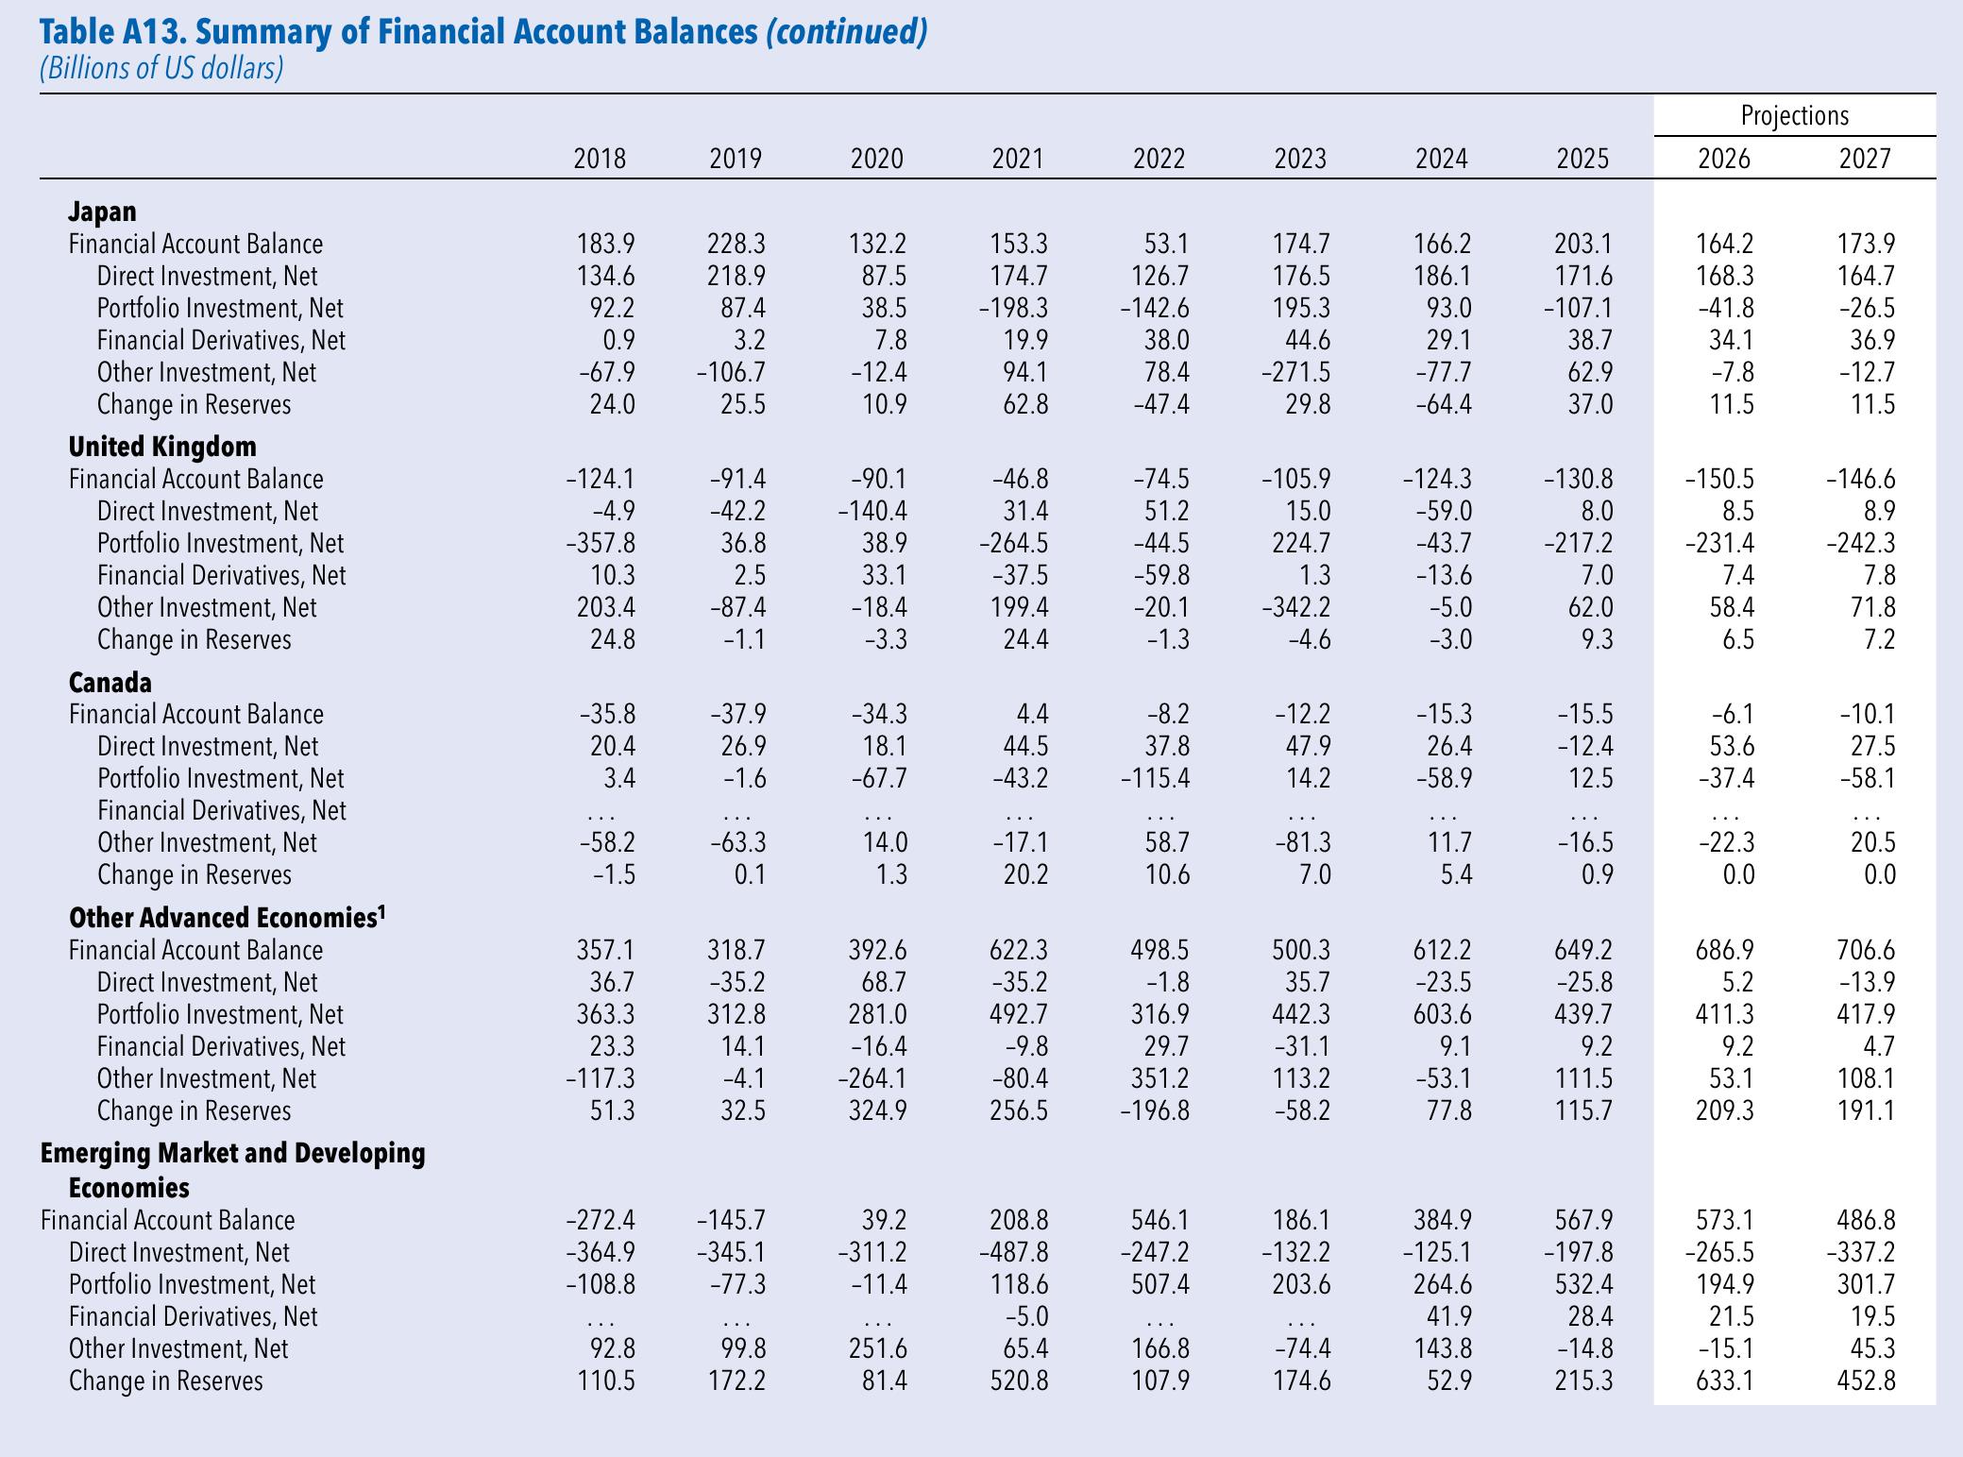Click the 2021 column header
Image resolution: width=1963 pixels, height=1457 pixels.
coord(1018,159)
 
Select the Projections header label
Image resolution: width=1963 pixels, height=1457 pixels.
coord(1795,116)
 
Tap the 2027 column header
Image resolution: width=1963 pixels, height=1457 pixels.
coord(1866,159)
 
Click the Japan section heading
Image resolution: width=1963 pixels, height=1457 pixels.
coord(103,212)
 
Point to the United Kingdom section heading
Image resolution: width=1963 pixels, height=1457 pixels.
coord(162,447)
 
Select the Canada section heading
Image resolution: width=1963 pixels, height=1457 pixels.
coord(110,682)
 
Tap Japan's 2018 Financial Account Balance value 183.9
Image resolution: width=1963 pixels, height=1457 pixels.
coord(606,244)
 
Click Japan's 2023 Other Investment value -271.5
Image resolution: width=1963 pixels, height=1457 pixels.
coord(1295,372)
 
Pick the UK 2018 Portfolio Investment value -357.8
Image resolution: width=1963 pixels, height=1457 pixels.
coord(601,543)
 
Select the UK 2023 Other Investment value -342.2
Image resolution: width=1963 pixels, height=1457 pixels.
coord(1295,607)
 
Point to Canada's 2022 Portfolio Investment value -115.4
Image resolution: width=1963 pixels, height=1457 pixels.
coord(1155,778)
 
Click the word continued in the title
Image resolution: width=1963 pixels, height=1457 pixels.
coord(847,32)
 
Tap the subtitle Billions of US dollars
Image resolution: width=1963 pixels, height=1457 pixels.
coord(161,69)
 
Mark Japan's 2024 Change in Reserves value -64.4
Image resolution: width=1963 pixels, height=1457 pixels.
coord(1442,404)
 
